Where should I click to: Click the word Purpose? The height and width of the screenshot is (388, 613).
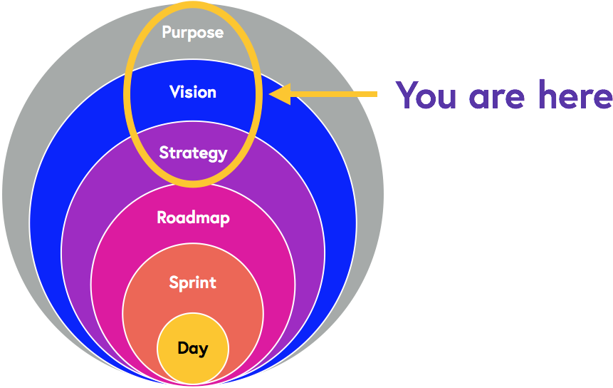[x=192, y=32]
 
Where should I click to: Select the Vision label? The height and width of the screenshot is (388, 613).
[x=193, y=92]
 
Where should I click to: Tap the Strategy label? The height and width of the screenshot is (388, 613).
[x=193, y=153]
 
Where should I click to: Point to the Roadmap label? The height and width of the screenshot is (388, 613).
[x=193, y=218]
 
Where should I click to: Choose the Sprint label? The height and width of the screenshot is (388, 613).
[x=192, y=283]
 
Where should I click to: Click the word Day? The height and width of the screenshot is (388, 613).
[x=193, y=349]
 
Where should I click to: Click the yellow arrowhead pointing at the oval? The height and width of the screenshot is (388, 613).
[x=280, y=94]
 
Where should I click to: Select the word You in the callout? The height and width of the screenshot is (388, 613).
[x=426, y=95]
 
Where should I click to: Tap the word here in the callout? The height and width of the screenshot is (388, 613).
[x=574, y=95]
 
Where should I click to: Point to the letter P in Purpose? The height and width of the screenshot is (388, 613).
[x=167, y=32]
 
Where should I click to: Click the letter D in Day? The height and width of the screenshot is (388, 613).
[x=182, y=348]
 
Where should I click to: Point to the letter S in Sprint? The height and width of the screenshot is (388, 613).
[x=174, y=282]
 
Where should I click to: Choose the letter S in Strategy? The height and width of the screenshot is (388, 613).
[x=164, y=152]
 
